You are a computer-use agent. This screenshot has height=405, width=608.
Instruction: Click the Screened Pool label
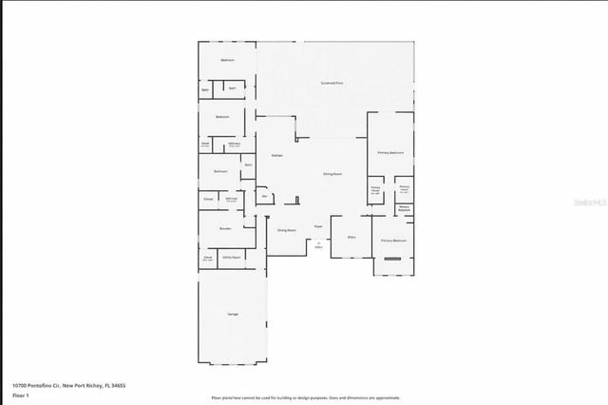click(332, 84)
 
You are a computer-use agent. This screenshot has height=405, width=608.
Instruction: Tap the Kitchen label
click(276, 155)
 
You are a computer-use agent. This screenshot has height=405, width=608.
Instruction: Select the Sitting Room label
click(332, 174)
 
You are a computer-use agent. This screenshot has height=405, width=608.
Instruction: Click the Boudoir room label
click(225, 228)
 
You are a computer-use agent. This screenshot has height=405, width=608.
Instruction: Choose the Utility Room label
click(231, 257)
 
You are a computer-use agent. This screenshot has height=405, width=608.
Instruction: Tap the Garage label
click(232, 314)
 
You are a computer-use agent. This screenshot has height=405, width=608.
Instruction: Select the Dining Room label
click(286, 230)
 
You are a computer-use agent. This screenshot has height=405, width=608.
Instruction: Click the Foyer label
click(318, 226)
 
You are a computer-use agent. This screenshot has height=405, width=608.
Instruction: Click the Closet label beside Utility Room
click(207, 257)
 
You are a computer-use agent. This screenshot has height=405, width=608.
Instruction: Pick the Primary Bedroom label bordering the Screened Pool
click(391, 152)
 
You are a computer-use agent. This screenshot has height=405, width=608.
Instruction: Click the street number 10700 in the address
click(21, 385)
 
